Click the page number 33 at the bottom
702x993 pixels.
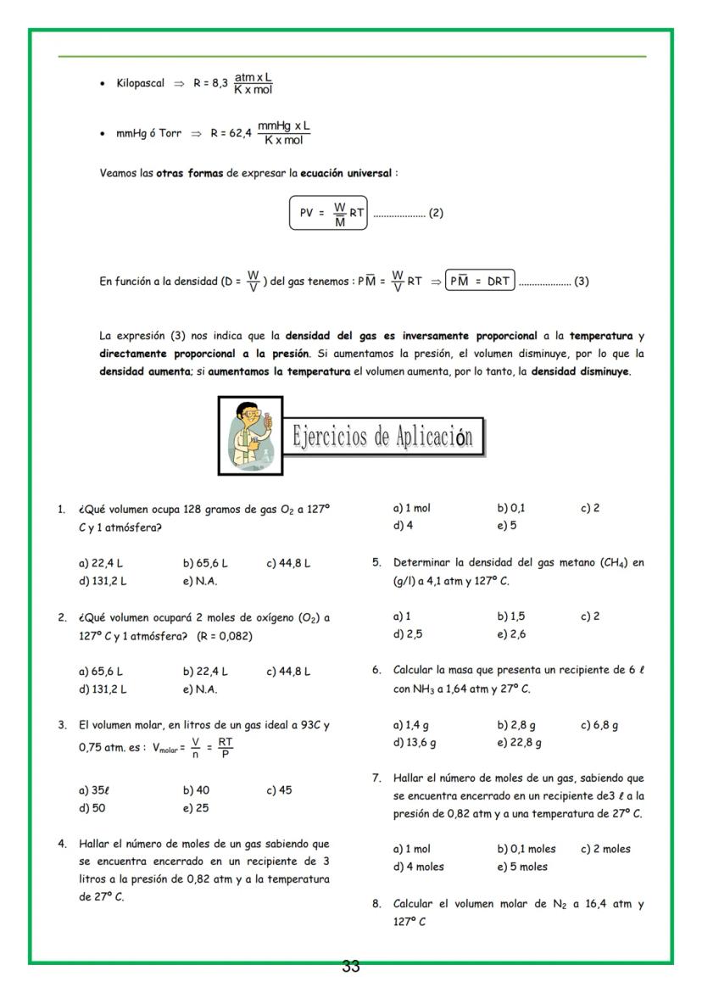point(351,967)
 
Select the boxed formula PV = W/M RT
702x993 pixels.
point(329,214)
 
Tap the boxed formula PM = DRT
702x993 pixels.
point(480,282)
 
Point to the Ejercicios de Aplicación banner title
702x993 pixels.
point(382,438)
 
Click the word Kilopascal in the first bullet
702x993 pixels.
point(141,84)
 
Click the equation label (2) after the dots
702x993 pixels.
point(436,214)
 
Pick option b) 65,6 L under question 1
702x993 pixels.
point(204,563)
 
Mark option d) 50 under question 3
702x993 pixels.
point(92,808)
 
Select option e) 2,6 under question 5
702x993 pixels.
point(512,634)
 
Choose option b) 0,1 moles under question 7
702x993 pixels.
point(526,849)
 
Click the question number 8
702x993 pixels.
point(376,904)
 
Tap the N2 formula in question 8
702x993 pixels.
point(561,904)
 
